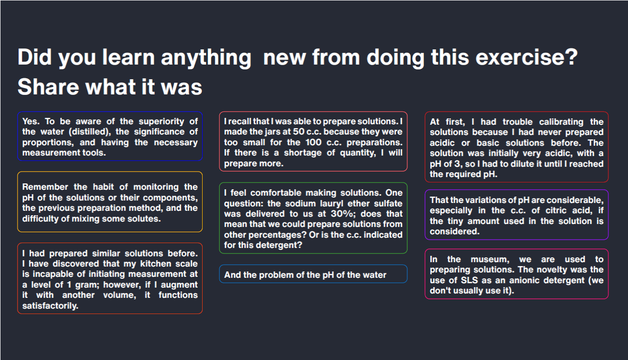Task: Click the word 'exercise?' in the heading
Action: [527, 57]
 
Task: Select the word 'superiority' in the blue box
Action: [162, 122]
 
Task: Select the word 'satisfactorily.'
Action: [50, 306]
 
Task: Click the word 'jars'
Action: [282, 132]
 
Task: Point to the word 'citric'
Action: [556, 210]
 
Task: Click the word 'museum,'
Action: [490, 259]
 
